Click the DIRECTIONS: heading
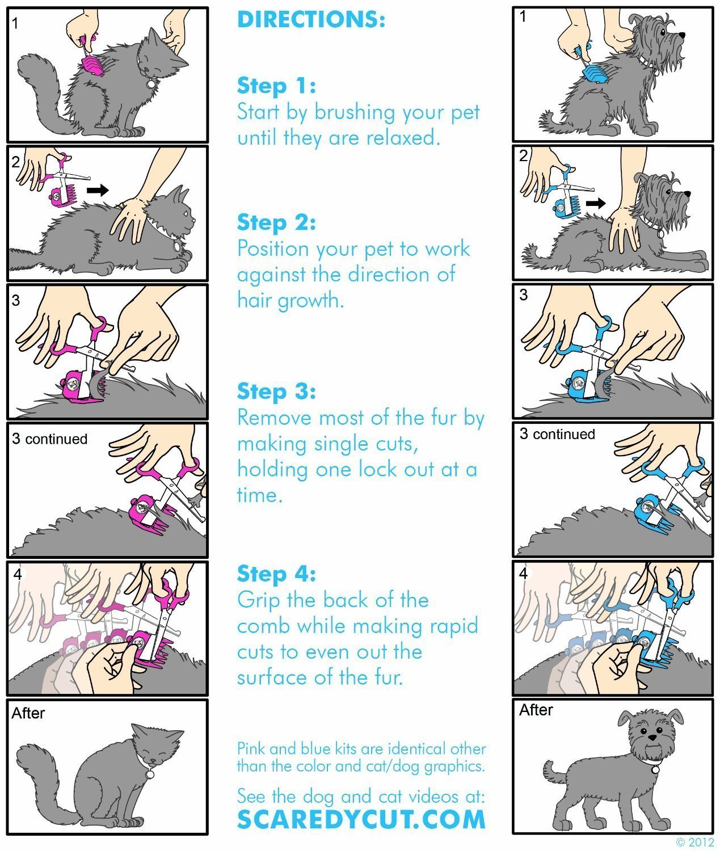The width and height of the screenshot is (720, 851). pyautogui.click(x=311, y=20)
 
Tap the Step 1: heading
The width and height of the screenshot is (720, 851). pyautogui.click(x=276, y=86)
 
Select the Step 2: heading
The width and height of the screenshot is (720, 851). pyautogui.click(x=276, y=222)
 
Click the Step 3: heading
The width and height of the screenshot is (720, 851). pyautogui.click(x=276, y=391)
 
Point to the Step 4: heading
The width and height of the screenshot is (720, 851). pyautogui.click(x=276, y=574)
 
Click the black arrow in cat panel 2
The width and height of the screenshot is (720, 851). pyautogui.click(x=98, y=190)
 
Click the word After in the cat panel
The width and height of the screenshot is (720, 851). pyautogui.click(x=28, y=713)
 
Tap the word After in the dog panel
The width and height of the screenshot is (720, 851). pyautogui.click(x=536, y=710)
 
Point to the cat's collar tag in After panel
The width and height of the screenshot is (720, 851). pyautogui.click(x=150, y=774)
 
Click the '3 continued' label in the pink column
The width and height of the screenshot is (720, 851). pyautogui.click(x=50, y=439)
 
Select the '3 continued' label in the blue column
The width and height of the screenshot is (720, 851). pyautogui.click(x=557, y=434)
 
